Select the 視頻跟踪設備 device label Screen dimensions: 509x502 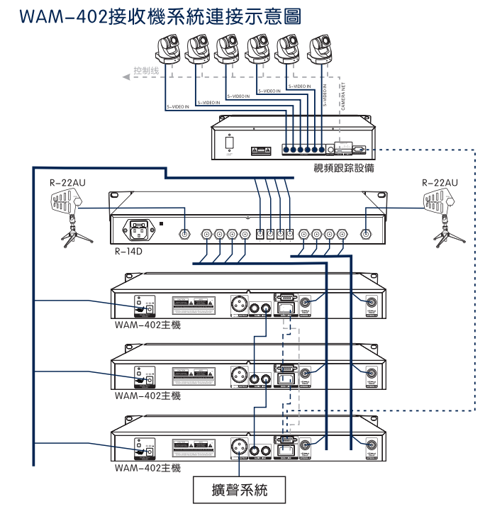[344, 169]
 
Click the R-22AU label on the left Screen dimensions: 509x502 [68, 183]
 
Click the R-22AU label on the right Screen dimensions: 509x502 [439, 183]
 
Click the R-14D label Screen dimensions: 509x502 [128, 251]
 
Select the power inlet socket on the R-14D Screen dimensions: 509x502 [138, 231]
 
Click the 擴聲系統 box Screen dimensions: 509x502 [240, 489]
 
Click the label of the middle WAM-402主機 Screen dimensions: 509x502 [147, 396]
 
